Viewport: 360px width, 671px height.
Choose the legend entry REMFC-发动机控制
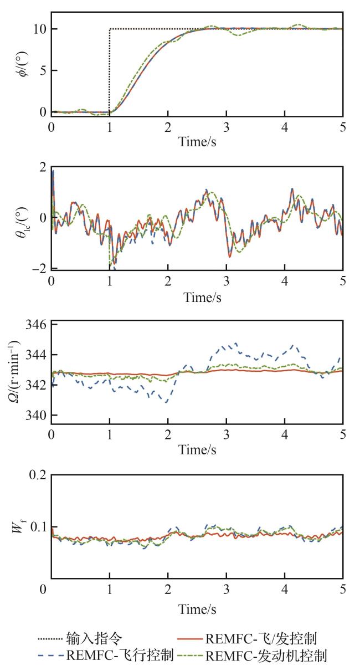point(266,657)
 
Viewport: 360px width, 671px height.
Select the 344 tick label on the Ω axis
point(35,355)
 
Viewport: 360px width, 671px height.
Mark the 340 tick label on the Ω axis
point(35,415)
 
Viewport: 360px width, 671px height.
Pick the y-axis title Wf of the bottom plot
point(18,526)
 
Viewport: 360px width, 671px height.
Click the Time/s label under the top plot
point(197,141)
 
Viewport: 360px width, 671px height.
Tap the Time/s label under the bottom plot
point(197,609)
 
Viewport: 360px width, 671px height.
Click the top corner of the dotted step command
point(110,29)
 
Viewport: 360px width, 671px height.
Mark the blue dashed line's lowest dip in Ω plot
point(166,402)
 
